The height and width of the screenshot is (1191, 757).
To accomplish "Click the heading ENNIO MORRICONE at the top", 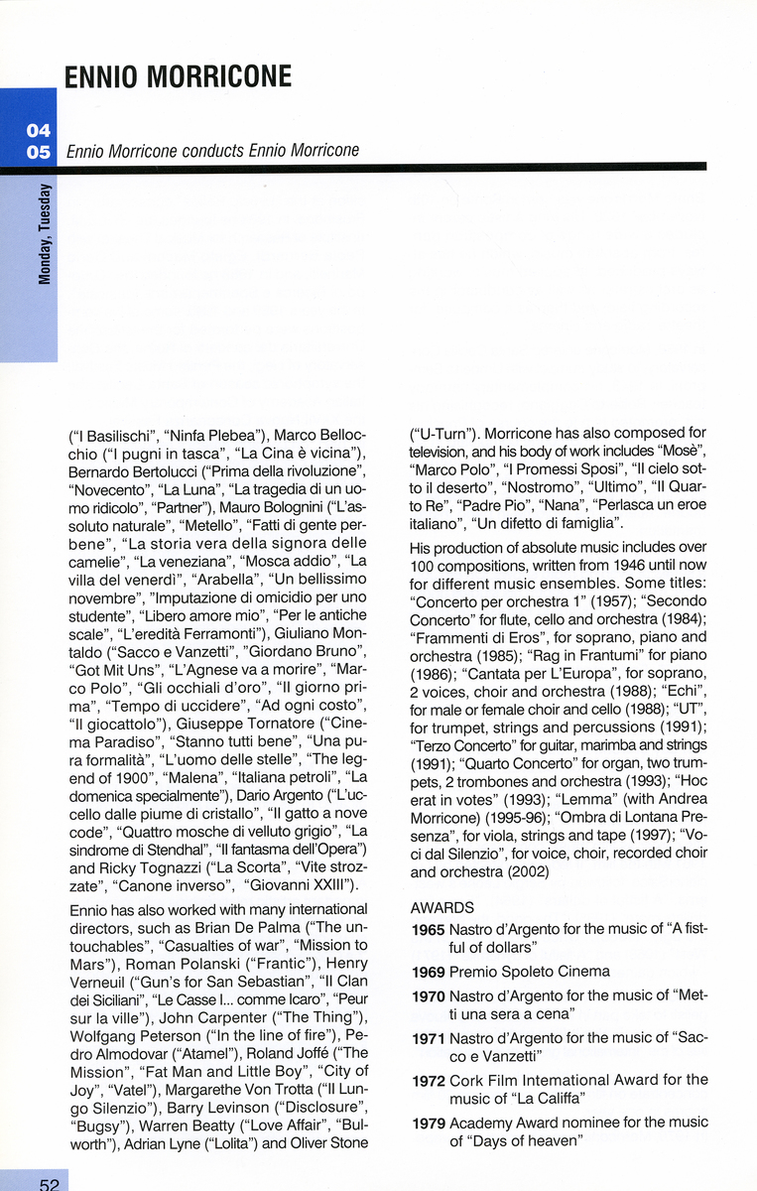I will tap(179, 77).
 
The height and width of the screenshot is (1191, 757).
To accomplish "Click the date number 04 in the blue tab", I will tap(39, 131).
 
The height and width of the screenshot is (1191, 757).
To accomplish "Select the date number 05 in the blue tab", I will tap(39, 153).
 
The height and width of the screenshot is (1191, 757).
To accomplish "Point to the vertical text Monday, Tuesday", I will tap(45, 234).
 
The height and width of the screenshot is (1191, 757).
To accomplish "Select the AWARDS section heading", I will tap(442, 907).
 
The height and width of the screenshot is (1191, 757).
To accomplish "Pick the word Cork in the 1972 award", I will tap(466, 1080).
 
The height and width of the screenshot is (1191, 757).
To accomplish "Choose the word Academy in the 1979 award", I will tap(483, 1123).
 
